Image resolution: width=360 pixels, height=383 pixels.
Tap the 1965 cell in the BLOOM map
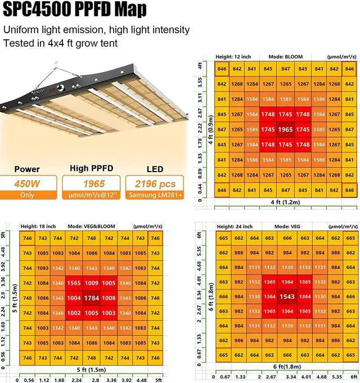[285, 129]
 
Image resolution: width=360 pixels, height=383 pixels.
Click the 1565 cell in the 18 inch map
[75, 284]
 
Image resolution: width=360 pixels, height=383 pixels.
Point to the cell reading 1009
[92, 284]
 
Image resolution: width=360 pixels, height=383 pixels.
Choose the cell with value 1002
[75, 313]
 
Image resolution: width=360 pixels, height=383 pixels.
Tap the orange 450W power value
[27, 183]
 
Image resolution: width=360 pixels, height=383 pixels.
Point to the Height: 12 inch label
[233, 57]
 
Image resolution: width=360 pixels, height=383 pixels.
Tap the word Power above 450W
[26, 169]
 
